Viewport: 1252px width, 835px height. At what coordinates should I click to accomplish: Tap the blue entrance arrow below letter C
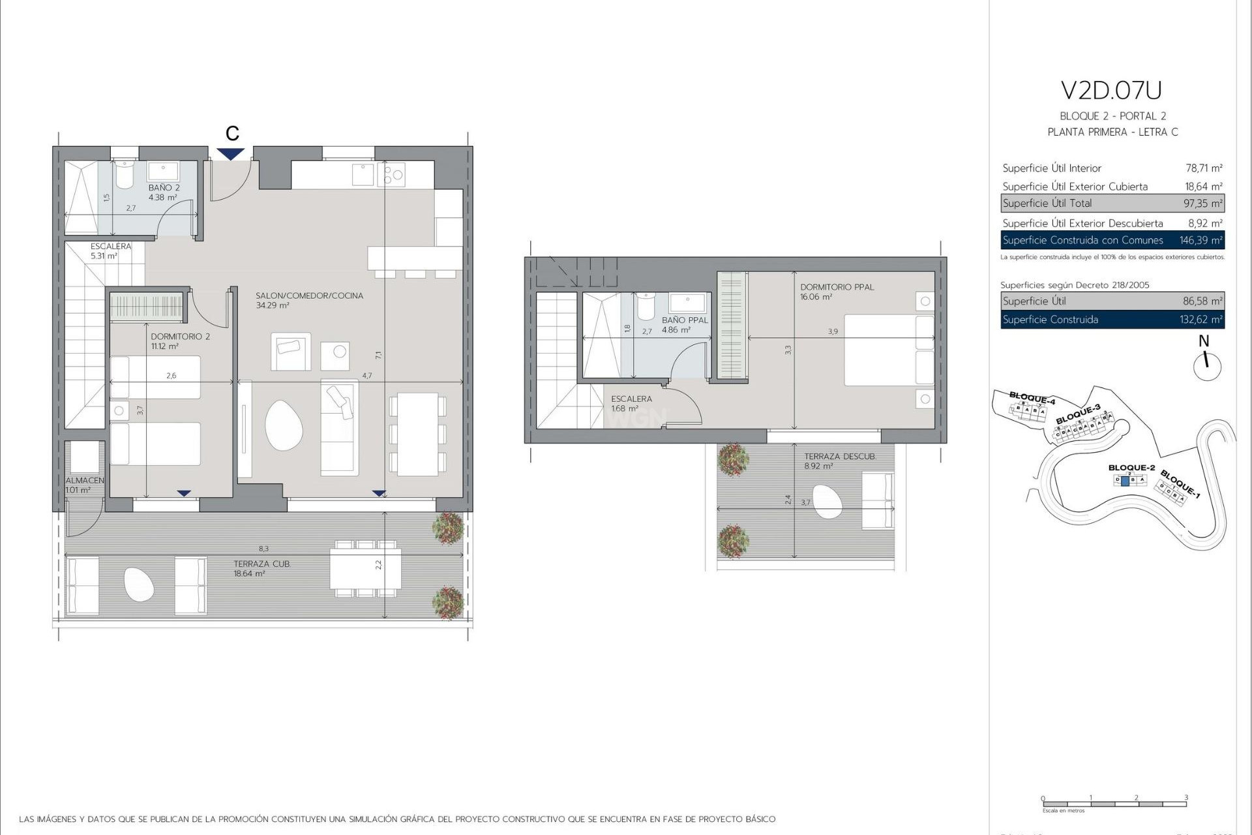pyautogui.click(x=231, y=154)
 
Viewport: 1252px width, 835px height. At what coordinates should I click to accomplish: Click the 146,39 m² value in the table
pyautogui.click(x=1200, y=240)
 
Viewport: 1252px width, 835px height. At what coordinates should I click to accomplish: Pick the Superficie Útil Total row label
pyautogui.click(x=1047, y=204)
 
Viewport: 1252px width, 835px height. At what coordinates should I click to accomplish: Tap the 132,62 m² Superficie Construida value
pyautogui.click(x=1202, y=320)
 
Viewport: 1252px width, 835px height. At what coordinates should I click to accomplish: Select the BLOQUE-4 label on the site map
pyautogui.click(x=1032, y=397)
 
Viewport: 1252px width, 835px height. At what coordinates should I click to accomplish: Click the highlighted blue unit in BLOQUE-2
pyautogui.click(x=1124, y=481)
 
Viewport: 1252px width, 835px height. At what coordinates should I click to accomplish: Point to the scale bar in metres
pyautogui.click(x=1114, y=804)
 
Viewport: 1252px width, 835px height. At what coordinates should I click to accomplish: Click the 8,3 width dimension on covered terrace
pyautogui.click(x=263, y=549)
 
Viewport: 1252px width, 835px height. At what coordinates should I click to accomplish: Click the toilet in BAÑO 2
pyautogui.click(x=124, y=175)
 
